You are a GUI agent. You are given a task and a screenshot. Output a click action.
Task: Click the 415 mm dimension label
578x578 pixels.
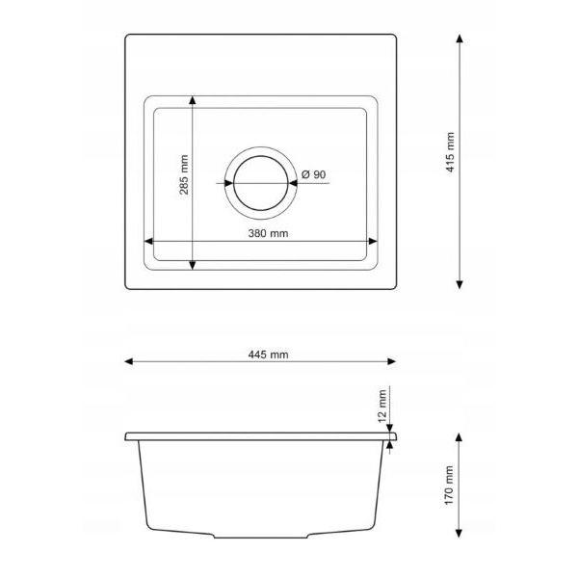[x=450, y=152]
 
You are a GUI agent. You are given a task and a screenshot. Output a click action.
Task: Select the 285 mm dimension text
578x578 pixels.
[x=184, y=174]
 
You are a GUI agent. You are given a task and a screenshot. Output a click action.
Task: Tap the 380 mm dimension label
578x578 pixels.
[x=268, y=233]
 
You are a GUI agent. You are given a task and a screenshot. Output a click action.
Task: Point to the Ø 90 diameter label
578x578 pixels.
[x=314, y=174]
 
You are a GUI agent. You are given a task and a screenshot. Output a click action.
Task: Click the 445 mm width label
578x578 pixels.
[x=268, y=355]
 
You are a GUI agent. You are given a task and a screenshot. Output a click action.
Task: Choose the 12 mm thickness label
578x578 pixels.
[x=382, y=406]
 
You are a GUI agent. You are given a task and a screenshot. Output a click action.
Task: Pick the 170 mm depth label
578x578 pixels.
[x=449, y=486]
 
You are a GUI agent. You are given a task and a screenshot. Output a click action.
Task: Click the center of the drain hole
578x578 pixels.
[x=261, y=183]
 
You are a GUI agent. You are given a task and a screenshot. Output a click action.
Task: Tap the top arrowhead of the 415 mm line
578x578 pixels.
[x=460, y=39]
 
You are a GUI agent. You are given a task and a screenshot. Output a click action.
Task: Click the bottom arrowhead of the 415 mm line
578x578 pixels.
[x=460, y=284]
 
